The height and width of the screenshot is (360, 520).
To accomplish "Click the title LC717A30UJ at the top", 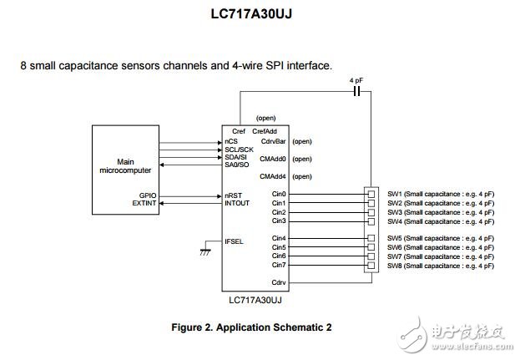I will [x=260, y=14].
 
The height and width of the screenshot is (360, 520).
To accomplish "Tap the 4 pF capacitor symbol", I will [x=357, y=93].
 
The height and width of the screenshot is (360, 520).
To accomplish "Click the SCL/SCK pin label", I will [x=239, y=150].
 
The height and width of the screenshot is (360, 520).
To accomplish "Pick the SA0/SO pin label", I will [x=238, y=166].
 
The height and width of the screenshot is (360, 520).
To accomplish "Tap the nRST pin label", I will [x=234, y=195].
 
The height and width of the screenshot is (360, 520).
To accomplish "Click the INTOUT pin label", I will [x=238, y=203].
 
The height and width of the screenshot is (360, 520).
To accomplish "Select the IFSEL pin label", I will [x=235, y=241].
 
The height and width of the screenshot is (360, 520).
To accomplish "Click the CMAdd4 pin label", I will [x=274, y=176].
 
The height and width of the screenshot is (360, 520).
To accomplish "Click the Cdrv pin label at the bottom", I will [x=280, y=283].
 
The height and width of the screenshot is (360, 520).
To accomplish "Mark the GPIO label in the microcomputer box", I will [x=148, y=195].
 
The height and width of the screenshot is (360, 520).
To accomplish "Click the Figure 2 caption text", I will [x=260, y=325].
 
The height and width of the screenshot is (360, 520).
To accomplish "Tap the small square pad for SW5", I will [x=371, y=239].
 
